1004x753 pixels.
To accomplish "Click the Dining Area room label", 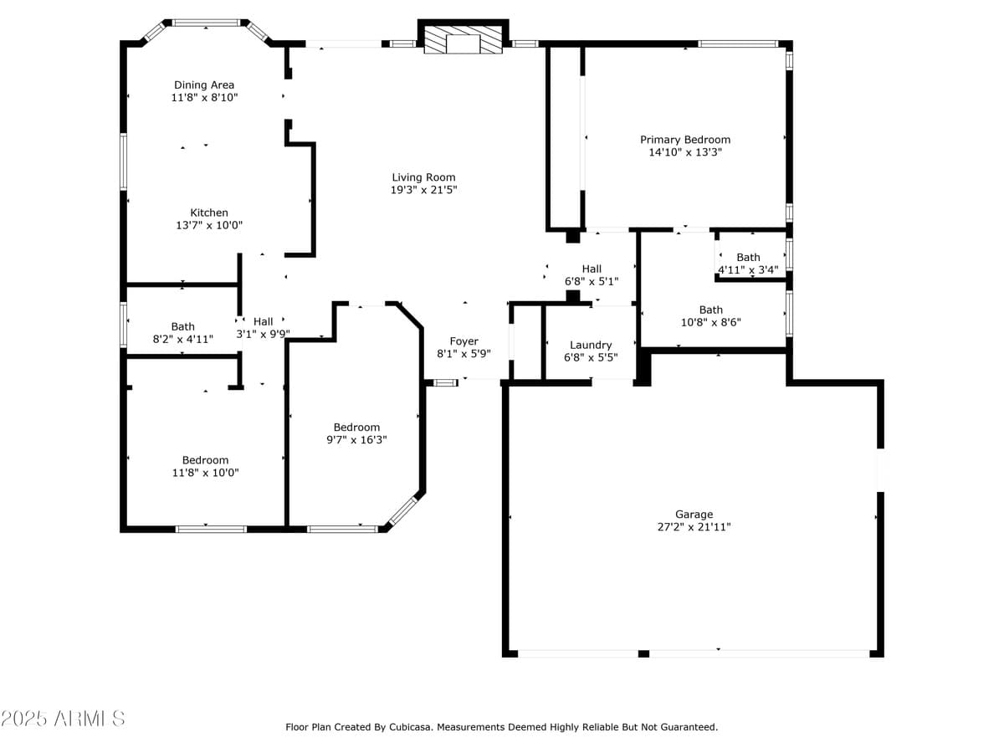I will coord(204,85).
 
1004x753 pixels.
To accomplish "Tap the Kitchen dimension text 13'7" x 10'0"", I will coord(209,225).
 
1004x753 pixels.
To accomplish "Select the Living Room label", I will coord(423,177).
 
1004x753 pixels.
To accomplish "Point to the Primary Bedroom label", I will coord(685,140).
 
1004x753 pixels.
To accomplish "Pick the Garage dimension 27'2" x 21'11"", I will coord(694,527).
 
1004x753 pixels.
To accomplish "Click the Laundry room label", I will coord(591,345).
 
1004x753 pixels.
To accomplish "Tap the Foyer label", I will coord(464,341).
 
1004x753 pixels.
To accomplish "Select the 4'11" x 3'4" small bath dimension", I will coord(748,269).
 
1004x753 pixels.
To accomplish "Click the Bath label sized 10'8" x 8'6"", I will coord(711,310).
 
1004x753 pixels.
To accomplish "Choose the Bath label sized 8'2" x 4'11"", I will coord(183,326).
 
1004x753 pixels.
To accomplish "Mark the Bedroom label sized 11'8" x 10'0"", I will coord(206,460).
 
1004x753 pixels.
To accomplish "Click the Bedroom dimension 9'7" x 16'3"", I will coord(356,439).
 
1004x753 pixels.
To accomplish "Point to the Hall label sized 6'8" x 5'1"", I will coord(592,269).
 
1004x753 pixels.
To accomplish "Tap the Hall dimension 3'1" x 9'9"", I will coord(264,334).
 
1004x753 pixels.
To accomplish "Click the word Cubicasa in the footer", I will coord(411,727).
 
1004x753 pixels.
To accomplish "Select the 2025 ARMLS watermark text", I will coord(64,719).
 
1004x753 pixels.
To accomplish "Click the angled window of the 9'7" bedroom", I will coord(403,510).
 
